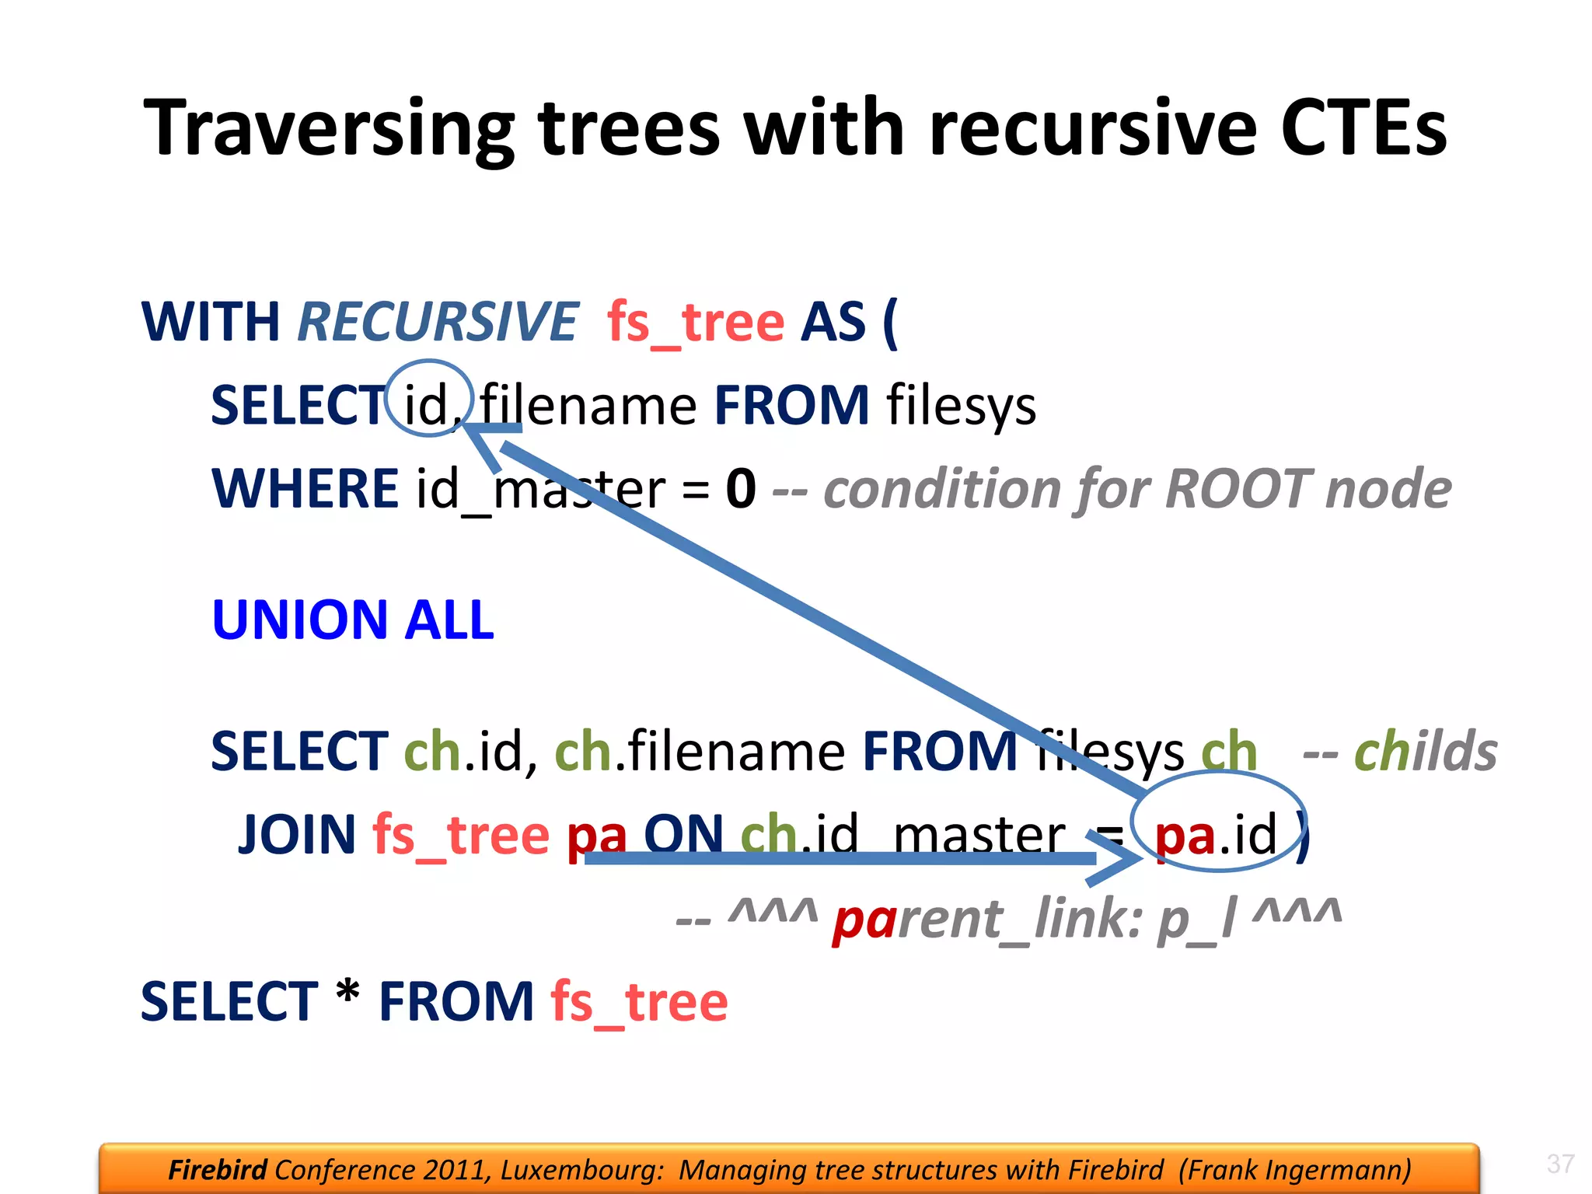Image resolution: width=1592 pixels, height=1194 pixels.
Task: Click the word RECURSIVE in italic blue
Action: [x=437, y=322]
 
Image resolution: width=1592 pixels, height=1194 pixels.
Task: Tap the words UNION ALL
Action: [x=352, y=620]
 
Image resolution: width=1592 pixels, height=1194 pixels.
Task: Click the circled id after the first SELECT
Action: [x=427, y=404]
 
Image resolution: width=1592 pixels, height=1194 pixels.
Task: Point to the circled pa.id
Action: [x=1217, y=833]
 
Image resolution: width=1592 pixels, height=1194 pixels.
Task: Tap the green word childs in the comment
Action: [x=1425, y=752]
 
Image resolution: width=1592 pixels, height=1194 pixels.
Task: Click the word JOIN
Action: [x=297, y=834]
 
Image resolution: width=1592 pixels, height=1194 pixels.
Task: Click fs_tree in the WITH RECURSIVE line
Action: [x=695, y=322]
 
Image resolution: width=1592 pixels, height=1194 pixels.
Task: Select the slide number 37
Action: [x=1560, y=1164]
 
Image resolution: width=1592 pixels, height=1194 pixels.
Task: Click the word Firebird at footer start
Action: [x=217, y=1169]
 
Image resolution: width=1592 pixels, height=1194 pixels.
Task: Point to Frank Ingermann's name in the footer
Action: [x=1294, y=1169]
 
